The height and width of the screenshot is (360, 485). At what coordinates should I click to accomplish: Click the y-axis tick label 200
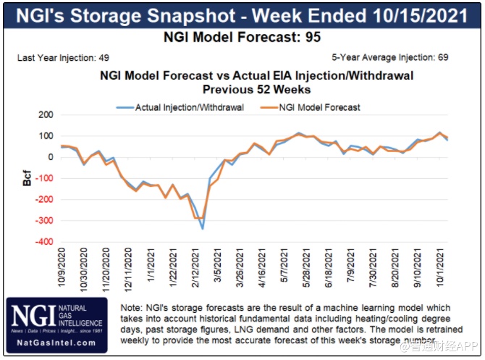point(46,115)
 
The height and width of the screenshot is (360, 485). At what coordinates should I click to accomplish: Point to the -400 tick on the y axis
point(44,241)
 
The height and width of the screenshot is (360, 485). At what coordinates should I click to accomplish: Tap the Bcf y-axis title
point(27,178)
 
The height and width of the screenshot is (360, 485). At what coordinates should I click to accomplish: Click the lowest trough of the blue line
point(202,229)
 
